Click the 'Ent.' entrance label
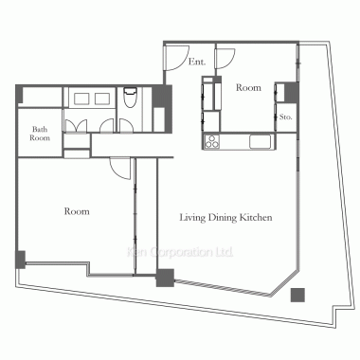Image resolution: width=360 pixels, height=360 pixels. (x=197, y=62)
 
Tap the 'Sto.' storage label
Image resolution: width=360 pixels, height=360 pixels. (x=285, y=117)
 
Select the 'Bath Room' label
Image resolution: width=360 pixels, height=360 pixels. (x=40, y=134)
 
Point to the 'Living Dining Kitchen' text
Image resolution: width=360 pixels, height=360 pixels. (x=225, y=218)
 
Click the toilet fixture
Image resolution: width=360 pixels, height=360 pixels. (x=129, y=98)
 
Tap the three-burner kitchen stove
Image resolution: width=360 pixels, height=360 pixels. (x=212, y=141)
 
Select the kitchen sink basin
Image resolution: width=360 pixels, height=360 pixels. (x=261, y=141)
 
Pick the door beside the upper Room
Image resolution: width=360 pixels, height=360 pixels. (x=225, y=59)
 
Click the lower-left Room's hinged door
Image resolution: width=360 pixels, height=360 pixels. (x=120, y=169)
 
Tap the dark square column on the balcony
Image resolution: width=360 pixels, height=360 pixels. (x=297, y=295)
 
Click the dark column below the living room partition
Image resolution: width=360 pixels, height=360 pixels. (x=165, y=278)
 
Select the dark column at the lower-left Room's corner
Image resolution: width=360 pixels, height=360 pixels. (x=21, y=260)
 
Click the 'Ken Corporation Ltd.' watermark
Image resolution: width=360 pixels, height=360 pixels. (x=180, y=252)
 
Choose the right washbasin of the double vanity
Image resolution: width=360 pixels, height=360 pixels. (x=102, y=99)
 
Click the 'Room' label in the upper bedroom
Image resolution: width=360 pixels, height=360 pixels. (x=248, y=87)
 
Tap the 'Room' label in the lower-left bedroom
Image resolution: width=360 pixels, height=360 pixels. (x=77, y=211)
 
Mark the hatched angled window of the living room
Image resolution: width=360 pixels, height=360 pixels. (x=223, y=288)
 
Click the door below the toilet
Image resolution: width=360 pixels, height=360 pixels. (x=126, y=125)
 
